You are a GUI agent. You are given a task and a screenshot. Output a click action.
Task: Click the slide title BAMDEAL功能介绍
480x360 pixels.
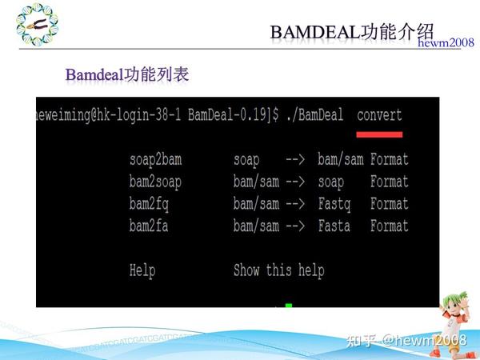pyautogui.click(x=352, y=30)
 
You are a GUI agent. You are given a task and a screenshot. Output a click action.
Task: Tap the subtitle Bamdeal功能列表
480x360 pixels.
pyautogui.click(x=127, y=75)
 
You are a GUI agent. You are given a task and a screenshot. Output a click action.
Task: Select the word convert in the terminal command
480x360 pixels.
pyautogui.click(x=379, y=114)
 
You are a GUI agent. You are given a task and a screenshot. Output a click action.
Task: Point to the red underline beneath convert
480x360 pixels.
pyautogui.click(x=379, y=134)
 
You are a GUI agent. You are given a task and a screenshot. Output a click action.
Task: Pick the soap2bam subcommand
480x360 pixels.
pyautogui.click(x=155, y=159)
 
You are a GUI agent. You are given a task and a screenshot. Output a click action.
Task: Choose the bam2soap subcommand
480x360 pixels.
pyautogui.click(x=155, y=182)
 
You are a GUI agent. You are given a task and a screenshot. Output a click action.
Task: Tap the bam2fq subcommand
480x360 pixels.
pyautogui.click(x=149, y=204)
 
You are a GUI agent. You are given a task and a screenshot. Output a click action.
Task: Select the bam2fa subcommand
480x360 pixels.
pyautogui.click(x=149, y=226)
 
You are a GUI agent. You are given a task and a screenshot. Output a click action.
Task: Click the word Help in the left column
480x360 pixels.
pyautogui.click(x=142, y=270)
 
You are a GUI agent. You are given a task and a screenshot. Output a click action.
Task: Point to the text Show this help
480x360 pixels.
pyautogui.click(x=278, y=270)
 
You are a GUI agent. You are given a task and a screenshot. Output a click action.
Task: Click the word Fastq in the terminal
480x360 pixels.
pyautogui.click(x=334, y=204)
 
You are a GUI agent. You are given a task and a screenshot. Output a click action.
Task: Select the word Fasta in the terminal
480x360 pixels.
pyautogui.click(x=334, y=226)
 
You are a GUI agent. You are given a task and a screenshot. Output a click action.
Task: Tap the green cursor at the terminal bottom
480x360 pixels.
pyautogui.click(x=289, y=305)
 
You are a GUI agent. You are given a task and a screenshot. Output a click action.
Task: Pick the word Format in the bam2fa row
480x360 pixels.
pyautogui.click(x=390, y=226)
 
